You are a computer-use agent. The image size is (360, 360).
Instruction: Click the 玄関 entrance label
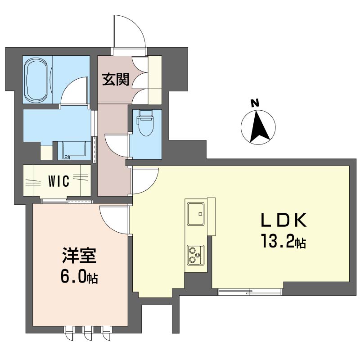pyautogui.click(x=116, y=79)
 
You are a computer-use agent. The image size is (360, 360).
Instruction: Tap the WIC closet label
pyautogui.click(x=58, y=181)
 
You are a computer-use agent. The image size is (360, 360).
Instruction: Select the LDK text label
pyautogui.click(x=283, y=220)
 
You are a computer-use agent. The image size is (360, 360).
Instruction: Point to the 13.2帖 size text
pyautogui.click(x=283, y=242)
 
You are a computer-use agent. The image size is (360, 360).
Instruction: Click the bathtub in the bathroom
pyautogui.click(x=36, y=80)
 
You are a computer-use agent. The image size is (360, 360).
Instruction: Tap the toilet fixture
pyautogui.click(x=145, y=123)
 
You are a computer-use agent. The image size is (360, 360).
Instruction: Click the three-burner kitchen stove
pyautogui.click(x=196, y=255)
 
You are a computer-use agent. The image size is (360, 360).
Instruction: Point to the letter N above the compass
pyautogui.click(x=255, y=103)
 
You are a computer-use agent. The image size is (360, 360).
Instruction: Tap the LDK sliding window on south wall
pyautogui.click(x=250, y=292)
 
